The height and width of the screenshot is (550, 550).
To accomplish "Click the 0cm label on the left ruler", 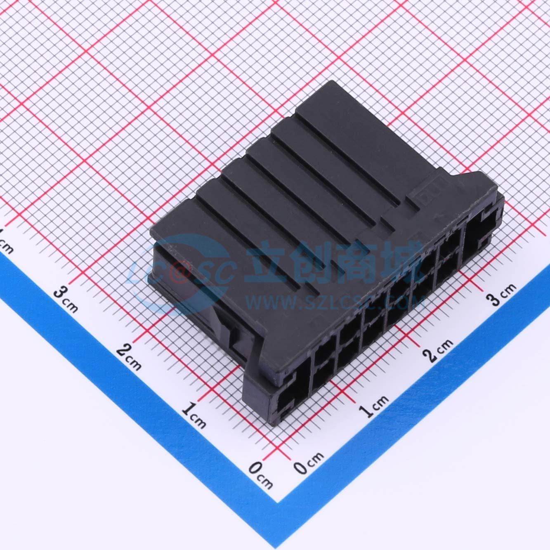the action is click(261, 477).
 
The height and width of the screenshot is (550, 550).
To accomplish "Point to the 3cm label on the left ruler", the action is click(66, 299).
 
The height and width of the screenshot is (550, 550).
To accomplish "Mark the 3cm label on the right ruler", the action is click(501, 294).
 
